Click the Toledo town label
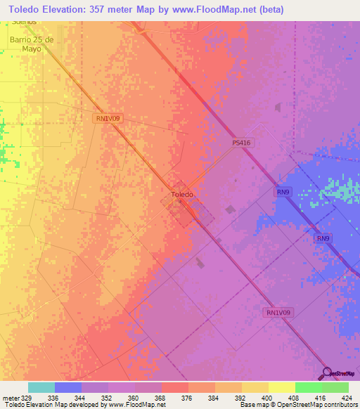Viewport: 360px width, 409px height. click(181, 194)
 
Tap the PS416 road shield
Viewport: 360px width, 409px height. click(241, 142)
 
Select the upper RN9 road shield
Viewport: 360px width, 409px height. click(282, 191)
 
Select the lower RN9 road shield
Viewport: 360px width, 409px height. click(322, 239)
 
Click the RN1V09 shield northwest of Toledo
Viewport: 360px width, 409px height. click(109, 119)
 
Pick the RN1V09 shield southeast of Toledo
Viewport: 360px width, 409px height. click(279, 312)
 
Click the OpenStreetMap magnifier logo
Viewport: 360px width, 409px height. click(326, 373)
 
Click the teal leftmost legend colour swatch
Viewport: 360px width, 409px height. click(41, 387)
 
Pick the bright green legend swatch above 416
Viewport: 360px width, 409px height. click(308, 387)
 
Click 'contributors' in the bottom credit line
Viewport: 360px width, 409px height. click(337, 405)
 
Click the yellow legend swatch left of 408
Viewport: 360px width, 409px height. click(255, 387)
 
